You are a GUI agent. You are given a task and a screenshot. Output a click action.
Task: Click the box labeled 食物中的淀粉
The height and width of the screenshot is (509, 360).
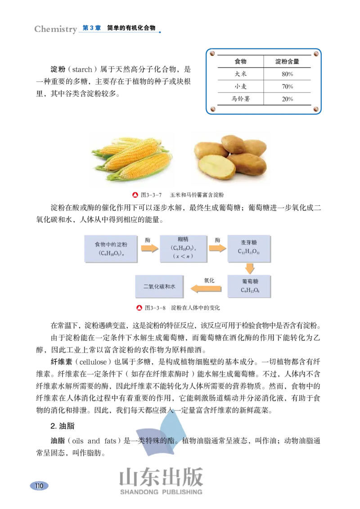tap(111, 249)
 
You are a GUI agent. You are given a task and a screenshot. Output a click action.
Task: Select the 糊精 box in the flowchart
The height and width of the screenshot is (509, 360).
tap(183, 249)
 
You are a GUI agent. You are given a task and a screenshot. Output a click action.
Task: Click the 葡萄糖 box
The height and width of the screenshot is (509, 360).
tap(249, 286)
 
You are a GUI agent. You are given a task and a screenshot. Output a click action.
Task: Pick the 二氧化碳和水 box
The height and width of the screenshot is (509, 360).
tap(159, 286)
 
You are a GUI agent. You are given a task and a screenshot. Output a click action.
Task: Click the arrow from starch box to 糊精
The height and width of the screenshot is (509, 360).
tap(149, 247)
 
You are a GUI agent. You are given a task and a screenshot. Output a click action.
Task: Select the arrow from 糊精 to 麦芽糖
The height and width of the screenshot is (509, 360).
tap(217, 247)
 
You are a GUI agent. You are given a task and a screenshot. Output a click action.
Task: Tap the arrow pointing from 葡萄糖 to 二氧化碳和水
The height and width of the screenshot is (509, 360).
tap(206, 288)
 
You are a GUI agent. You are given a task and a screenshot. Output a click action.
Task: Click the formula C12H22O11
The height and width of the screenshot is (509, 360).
tap(249, 252)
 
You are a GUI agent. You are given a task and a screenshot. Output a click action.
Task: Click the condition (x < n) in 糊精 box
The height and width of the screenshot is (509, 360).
tap(183, 256)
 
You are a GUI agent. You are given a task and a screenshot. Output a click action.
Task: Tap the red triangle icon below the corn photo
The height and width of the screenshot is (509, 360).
tap(135, 195)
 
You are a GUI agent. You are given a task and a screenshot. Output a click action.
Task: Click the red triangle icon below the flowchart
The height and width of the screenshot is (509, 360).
tap(139, 308)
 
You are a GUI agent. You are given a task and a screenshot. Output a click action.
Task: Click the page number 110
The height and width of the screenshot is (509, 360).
tap(40, 486)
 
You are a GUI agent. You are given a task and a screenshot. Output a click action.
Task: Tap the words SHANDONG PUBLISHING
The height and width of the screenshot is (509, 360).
tap(161, 492)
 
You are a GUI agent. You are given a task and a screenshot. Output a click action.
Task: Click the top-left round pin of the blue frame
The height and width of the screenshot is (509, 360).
tap(212, 54)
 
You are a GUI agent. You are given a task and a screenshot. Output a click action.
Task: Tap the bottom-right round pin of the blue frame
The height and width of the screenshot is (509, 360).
tap(316, 108)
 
